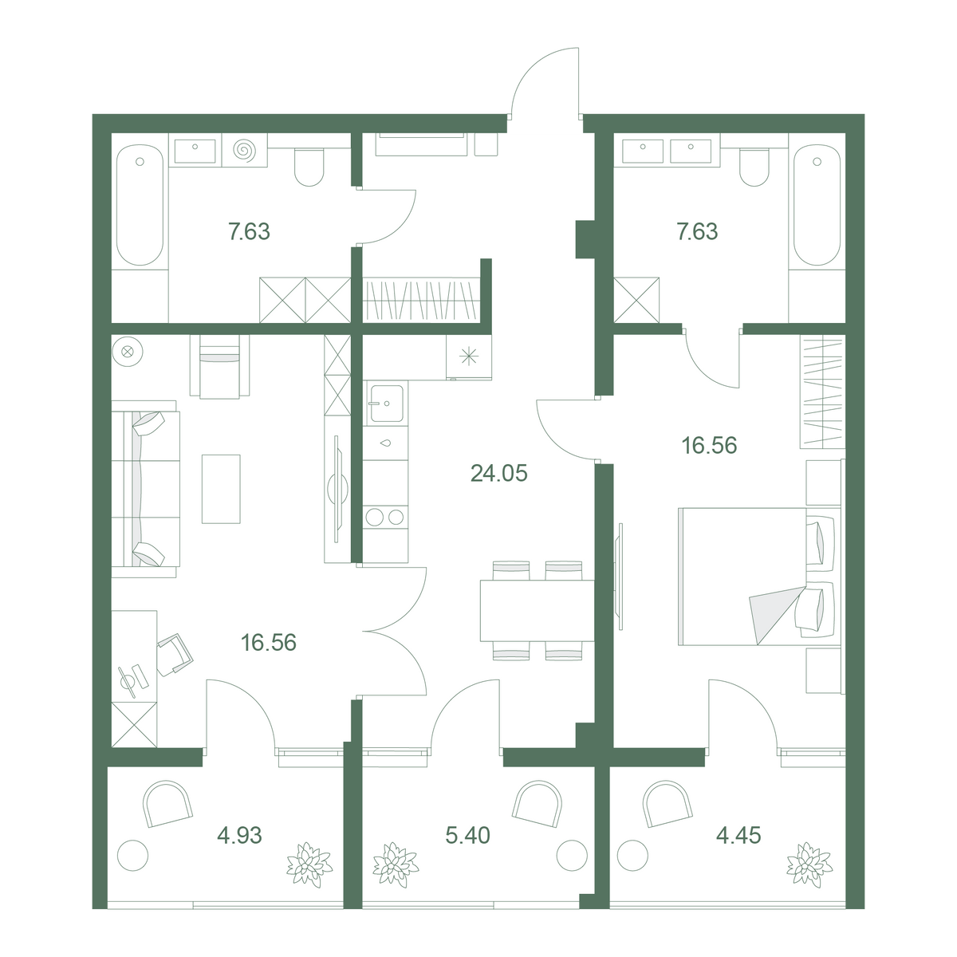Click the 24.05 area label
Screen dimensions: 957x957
click(x=498, y=473)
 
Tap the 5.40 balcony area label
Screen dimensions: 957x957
click(x=467, y=835)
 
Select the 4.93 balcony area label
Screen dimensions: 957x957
click(x=239, y=835)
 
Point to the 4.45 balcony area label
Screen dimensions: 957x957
click(x=738, y=835)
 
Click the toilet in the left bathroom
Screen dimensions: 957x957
click(x=309, y=167)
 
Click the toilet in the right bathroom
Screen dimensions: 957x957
click(x=754, y=167)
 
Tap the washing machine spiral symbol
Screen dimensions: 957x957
click(x=244, y=150)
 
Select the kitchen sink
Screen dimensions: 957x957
click(x=386, y=404)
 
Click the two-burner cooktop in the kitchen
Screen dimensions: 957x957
click(x=385, y=517)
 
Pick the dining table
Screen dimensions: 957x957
click(x=537, y=610)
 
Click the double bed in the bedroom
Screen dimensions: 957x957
click(x=759, y=577)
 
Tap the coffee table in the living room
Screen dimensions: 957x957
click(x=221, y=489)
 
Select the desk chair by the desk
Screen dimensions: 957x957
click(x=175, y=655)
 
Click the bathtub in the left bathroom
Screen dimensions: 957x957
click(x=140, y=205)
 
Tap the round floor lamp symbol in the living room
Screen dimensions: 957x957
click(x=128, y=352)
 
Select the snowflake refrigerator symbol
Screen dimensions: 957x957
click(x=468, y=356)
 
